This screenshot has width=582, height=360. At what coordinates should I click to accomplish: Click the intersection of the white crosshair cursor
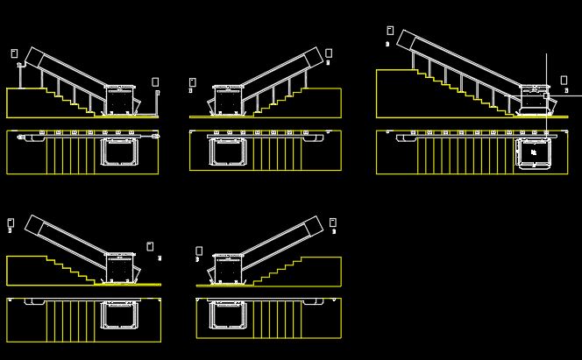point(546,95)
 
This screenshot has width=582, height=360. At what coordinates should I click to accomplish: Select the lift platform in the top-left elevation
point(120,100)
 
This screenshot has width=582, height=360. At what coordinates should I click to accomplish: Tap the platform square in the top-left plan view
point(117,152)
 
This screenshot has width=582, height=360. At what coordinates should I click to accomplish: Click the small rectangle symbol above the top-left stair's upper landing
point(14,53)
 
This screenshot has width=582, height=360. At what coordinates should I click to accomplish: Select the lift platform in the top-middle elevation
point(227,101)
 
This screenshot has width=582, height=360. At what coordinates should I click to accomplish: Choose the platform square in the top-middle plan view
point(225,152)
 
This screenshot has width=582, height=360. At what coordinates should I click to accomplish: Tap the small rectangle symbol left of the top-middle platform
point(192,82)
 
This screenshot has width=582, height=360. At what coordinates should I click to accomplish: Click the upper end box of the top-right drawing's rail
point(406,39)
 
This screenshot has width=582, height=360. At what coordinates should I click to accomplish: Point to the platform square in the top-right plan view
point(533,152)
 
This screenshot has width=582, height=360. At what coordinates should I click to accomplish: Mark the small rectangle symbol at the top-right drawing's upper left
point(390,31)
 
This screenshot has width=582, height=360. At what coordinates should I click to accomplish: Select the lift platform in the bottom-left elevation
point(120,269)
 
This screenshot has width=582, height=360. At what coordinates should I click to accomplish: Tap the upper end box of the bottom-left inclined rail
point(34,225)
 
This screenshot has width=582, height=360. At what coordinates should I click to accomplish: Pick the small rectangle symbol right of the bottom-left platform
point(150,246)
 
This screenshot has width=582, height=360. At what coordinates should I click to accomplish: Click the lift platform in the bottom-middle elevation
point(227,270)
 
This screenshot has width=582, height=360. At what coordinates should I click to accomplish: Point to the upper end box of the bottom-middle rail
point(314,226)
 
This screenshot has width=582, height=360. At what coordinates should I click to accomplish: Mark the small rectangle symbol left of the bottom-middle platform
point(199,251)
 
